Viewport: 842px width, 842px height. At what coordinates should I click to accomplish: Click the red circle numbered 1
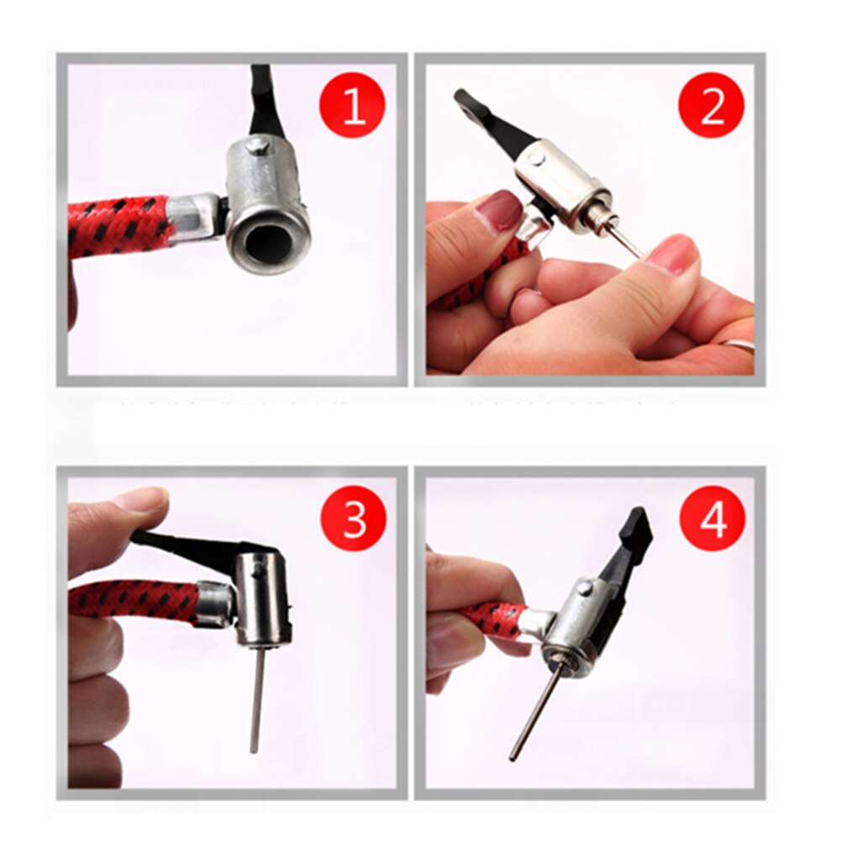(353, 105)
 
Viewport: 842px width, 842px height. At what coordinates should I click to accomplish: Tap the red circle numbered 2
(712, 106)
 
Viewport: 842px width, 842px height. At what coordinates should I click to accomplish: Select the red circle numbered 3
(354, 519)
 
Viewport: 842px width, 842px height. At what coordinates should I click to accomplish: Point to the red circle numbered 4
(713, 519)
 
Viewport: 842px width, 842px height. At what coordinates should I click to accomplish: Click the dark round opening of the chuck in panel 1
(267, 242)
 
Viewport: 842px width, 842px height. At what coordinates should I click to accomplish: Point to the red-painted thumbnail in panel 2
(501, 212)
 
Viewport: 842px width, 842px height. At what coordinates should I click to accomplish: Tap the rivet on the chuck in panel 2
(536, 157)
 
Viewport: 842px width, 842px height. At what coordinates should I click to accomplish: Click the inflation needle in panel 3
(257, 697)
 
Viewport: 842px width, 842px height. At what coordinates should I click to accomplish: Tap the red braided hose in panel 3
(134, 603)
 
